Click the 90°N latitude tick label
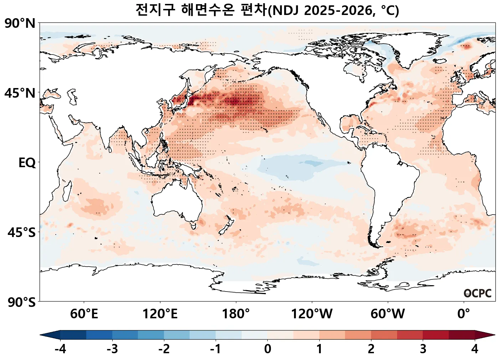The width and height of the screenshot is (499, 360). pos(20,24)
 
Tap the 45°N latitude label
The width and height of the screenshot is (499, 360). pos(20,93)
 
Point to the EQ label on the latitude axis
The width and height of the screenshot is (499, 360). pos(27,163)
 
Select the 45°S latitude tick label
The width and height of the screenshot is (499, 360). pos(21,233)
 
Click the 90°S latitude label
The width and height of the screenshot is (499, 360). pos(21,302)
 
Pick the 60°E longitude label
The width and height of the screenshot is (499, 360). pos(84,314)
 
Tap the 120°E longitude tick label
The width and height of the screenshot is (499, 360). pos(160,314)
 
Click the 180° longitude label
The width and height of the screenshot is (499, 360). pos(236,314)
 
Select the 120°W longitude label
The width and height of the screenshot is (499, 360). pos(312,314)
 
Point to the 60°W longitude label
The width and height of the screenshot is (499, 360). pos(387,314)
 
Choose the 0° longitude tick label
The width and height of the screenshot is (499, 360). pos(463,314)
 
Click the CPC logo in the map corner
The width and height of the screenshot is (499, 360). pos(478,293)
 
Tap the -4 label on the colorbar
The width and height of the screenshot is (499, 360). pos(60,349)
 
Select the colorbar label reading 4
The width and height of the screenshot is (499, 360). pos(474,349)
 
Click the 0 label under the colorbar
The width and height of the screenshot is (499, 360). pos(267,349)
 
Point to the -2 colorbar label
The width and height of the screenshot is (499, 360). pos(164,349)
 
